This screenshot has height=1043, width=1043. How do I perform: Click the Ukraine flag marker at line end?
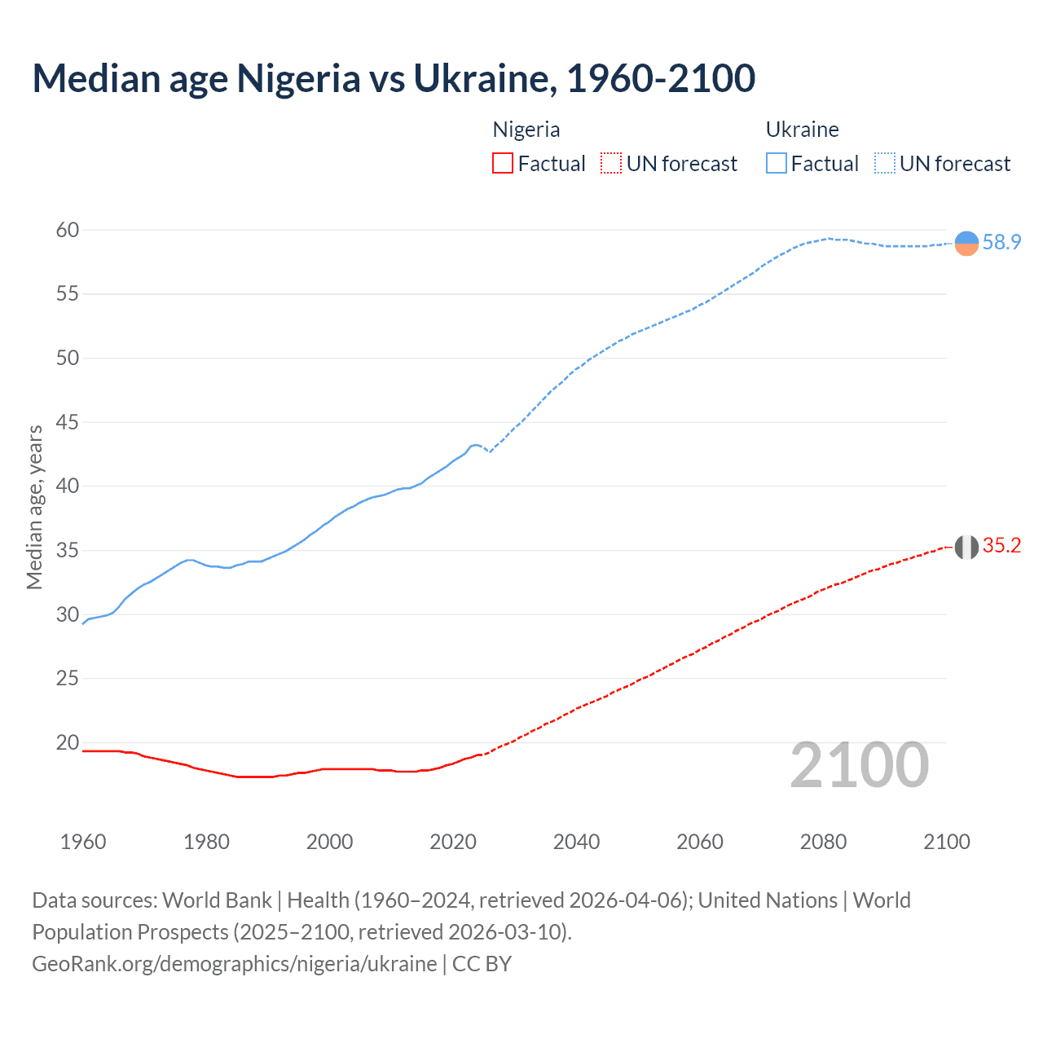966,243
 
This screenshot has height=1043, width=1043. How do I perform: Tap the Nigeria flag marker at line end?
966,547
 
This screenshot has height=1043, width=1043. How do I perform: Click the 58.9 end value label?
1001,242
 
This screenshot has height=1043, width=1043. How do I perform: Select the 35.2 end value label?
1001,546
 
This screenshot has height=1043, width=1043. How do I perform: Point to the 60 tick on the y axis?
68,230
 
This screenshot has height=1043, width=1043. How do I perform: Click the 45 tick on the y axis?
68,422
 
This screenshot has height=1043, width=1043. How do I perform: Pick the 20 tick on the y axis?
68,742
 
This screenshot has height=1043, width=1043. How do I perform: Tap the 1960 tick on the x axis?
83,842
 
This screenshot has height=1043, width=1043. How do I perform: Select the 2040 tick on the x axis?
576,842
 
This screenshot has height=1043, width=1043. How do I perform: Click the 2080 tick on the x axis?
823,842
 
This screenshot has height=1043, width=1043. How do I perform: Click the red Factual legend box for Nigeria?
503,164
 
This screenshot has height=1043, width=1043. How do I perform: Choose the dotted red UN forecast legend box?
611,164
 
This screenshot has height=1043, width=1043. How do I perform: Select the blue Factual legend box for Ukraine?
777,164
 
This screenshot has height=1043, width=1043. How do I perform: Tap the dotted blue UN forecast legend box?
884,164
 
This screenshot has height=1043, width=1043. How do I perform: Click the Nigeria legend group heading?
526,130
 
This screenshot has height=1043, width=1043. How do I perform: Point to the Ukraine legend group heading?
803,130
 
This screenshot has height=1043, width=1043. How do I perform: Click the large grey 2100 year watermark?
859,764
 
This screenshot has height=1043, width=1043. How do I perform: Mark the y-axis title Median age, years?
34,507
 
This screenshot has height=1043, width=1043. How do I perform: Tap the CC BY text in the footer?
482,964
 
